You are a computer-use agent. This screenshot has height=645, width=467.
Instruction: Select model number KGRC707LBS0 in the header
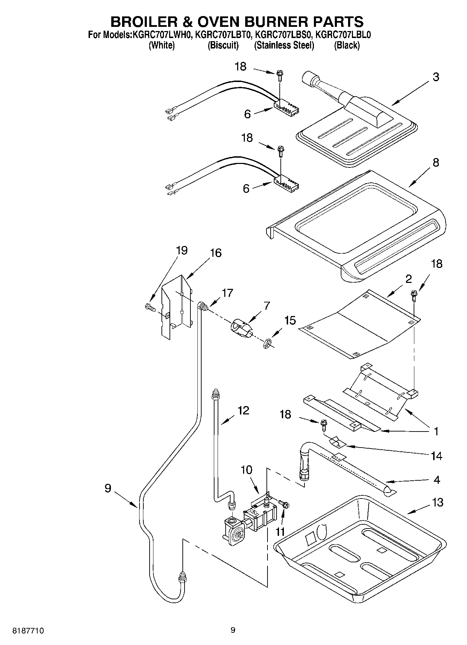[x=284, y=35]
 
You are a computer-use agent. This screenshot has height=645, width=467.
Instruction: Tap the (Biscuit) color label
[x=223, y=45]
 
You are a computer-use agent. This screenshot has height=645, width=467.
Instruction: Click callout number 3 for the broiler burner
[x=436, y=77]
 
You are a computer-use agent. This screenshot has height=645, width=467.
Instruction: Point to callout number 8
[x=436, y=163]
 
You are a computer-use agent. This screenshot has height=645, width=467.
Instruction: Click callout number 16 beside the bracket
[x=216, y=253]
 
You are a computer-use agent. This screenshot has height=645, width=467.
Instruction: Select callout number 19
[x=182, y=250]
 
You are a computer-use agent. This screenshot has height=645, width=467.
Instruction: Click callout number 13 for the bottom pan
[x=437, y=502]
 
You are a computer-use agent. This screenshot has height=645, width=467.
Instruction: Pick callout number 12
[x=243, y=410]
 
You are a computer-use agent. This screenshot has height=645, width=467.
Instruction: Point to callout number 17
[x=227, y=293]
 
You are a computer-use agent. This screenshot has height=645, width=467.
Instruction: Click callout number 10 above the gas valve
[x=246, y=470]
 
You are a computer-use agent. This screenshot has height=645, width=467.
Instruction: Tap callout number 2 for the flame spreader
[x=408, y=279]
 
